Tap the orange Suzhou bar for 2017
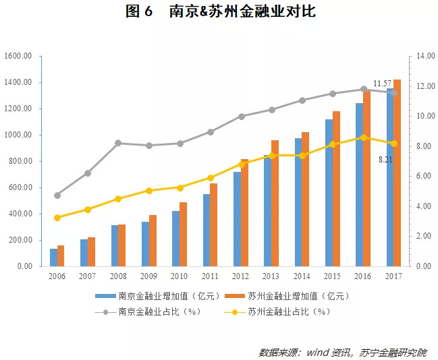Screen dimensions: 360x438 (398, 175)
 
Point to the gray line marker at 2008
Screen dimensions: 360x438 (118, 143)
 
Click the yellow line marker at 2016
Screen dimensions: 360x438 (363, 138)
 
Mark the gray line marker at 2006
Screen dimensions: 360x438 (57, 196)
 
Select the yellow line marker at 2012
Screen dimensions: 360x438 (241, 164)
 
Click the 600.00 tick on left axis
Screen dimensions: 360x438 (21, 187)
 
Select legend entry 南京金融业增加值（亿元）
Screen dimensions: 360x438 (157, 296)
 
